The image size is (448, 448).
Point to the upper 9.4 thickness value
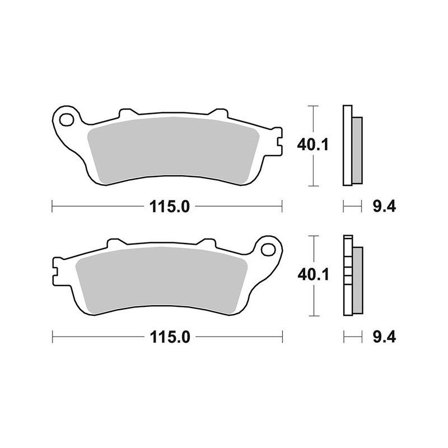pyautogui.click(x=384, y=207)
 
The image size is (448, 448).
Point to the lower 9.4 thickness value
pyautogui.click(x=384, y=337)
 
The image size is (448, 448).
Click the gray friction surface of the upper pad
pyautogui.click(x=174, y=150)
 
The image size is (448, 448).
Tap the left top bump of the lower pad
pyautogui.click(x=115, y=243)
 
